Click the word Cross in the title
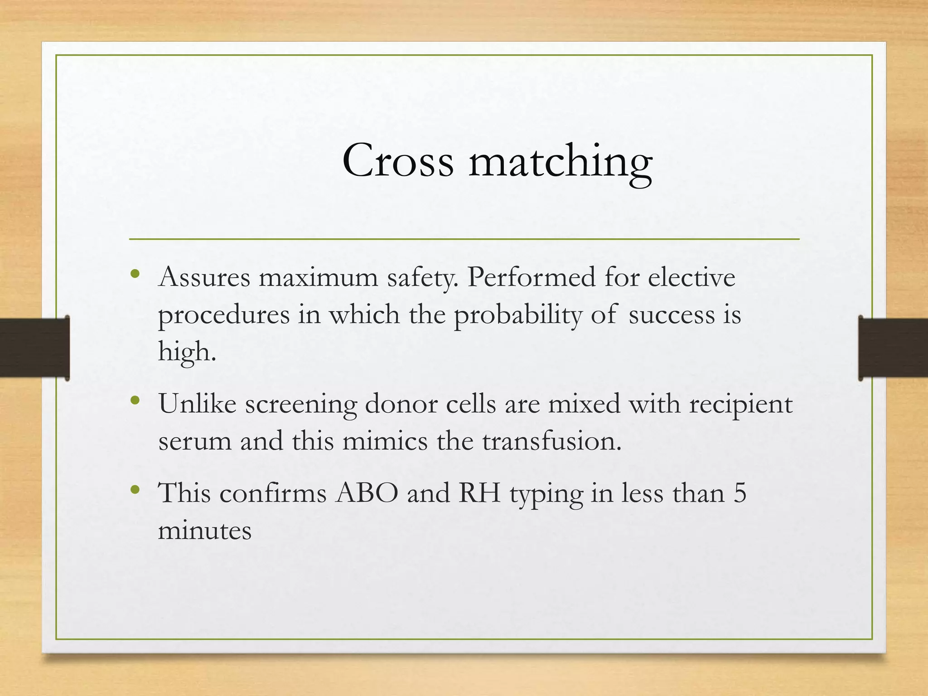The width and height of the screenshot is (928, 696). click(x=397, y=161)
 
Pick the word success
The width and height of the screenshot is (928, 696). click(x=671, y=314)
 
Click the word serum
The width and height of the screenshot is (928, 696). click(x=194, y=441)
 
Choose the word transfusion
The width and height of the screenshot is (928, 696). click(x=551, y=440)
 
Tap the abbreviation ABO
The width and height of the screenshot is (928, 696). click(x=367, y=493)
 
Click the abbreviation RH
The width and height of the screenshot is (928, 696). click(x=479, y=493)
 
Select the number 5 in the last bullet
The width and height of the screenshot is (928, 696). click(x=739, y=493)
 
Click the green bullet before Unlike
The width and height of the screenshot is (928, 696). click(x=135, y=401)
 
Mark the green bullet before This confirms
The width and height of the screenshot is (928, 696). click(x=135, y=490)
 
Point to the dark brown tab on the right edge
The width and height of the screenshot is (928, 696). click(x=893, y=348)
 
